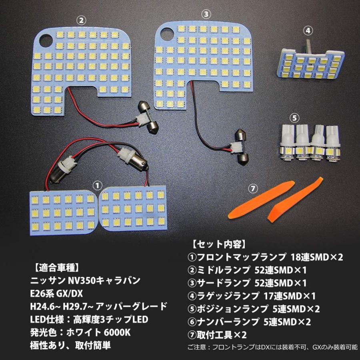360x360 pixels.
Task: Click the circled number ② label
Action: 81,19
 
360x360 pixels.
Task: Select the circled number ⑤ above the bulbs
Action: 294,118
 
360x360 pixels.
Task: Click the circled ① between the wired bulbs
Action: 96,185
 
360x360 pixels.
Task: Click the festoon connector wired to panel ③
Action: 239,146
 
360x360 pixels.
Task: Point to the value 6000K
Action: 120,333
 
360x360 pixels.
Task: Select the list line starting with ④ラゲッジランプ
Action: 252,296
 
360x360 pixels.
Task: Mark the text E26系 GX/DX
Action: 56,294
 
